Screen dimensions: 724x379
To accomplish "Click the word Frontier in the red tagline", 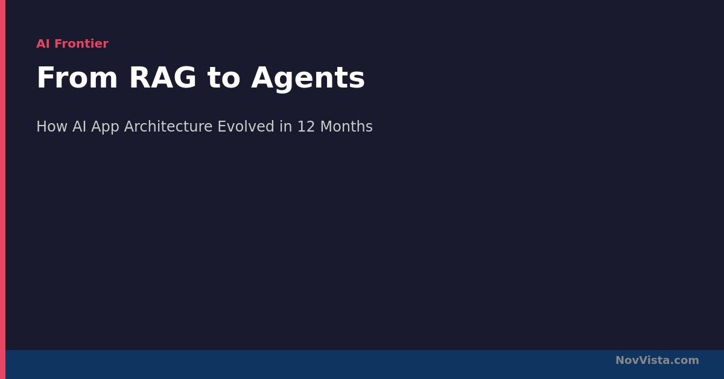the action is pos(81,43).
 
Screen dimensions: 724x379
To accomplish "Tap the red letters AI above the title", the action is pos(43,43).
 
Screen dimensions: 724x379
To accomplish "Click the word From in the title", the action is pos(77,78).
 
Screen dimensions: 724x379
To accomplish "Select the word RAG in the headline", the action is pos(162,78).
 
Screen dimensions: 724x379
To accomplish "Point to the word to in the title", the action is pos(224,78).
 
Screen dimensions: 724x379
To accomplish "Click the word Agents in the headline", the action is pos(308,79).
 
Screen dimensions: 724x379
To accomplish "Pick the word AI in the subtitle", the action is pos(79,127).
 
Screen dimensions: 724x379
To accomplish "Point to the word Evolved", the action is pos(246,127).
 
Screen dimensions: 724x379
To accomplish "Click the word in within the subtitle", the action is pos(286,127).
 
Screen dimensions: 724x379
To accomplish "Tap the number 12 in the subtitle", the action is pos(306,127).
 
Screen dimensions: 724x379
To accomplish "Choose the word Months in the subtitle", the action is pos(346,127).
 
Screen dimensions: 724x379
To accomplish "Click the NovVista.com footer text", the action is pos(657,360).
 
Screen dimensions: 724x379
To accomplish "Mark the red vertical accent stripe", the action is pos(2,189).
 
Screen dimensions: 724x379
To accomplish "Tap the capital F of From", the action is pos(45,78).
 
